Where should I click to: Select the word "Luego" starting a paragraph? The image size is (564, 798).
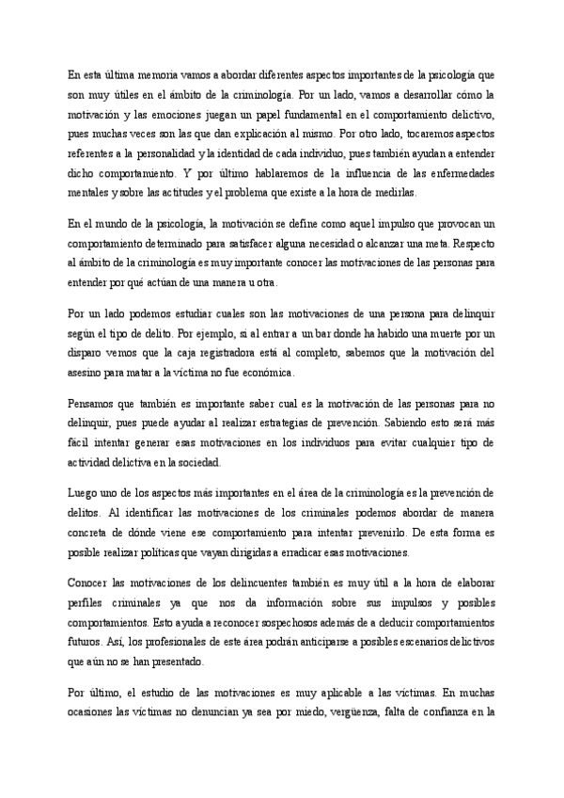pyautogui.click(x=83, y=490)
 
